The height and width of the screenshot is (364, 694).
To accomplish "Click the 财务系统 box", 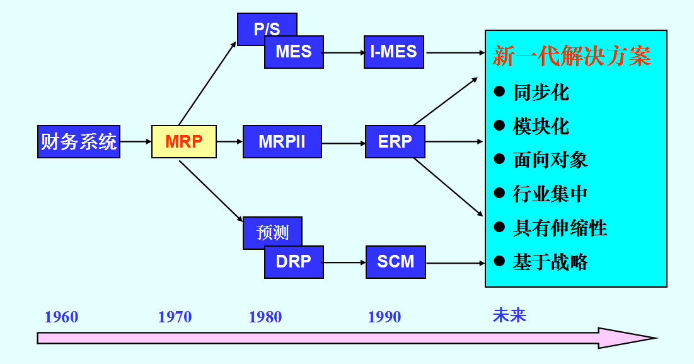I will tap(79, 141).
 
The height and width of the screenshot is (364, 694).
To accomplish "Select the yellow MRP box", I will tap(184, 141).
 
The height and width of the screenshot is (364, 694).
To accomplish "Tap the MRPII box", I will tap(282, 141).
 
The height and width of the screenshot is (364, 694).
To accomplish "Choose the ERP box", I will tap(395, 141).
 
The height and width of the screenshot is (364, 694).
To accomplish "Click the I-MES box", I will tap(394, 52).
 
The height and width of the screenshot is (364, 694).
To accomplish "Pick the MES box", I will tap(294, 52).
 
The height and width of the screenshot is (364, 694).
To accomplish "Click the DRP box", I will tap(294, 262).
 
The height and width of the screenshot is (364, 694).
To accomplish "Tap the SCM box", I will tap(395, 262).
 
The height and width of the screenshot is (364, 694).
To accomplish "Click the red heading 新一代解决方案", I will tap(571, 57).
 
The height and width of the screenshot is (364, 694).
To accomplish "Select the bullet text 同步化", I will tap(541, 93).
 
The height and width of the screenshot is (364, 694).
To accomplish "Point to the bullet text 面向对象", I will tap(550, 160).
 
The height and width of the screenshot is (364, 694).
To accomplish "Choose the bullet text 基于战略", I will tap(550, 262).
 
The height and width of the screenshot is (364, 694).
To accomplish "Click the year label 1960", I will tap(61, 317).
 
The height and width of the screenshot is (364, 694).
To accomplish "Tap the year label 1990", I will tap(384, 317).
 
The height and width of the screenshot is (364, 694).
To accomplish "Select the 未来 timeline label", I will tap(509, 315).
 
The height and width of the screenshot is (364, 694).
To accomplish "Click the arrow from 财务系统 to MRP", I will tap(136, 141).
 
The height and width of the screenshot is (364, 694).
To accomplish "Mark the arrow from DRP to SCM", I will tap(344, 262).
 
